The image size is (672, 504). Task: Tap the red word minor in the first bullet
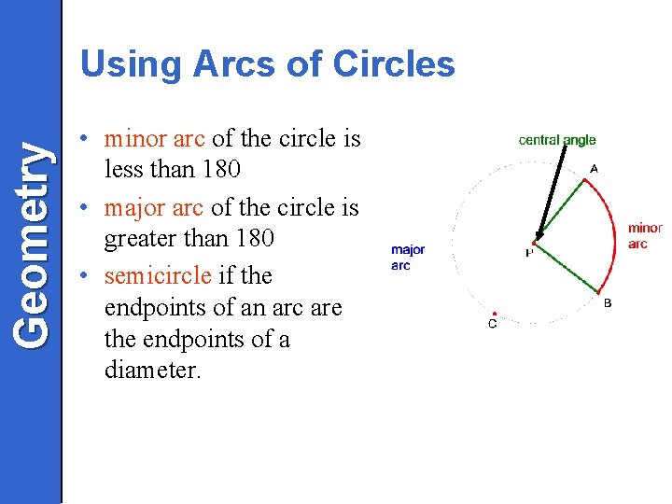[138, 139]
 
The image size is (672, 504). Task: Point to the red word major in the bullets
[138, 206]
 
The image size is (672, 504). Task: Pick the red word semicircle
[158, 275]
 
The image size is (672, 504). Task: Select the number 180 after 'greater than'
[254, 238]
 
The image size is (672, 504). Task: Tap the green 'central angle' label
[556, 140]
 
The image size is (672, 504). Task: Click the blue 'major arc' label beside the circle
[408, 257]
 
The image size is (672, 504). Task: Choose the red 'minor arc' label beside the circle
[644, 235]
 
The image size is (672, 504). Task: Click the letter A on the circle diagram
[594, 170]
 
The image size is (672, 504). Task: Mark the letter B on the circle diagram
[608, 302]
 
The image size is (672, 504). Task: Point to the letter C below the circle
[492, 324]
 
